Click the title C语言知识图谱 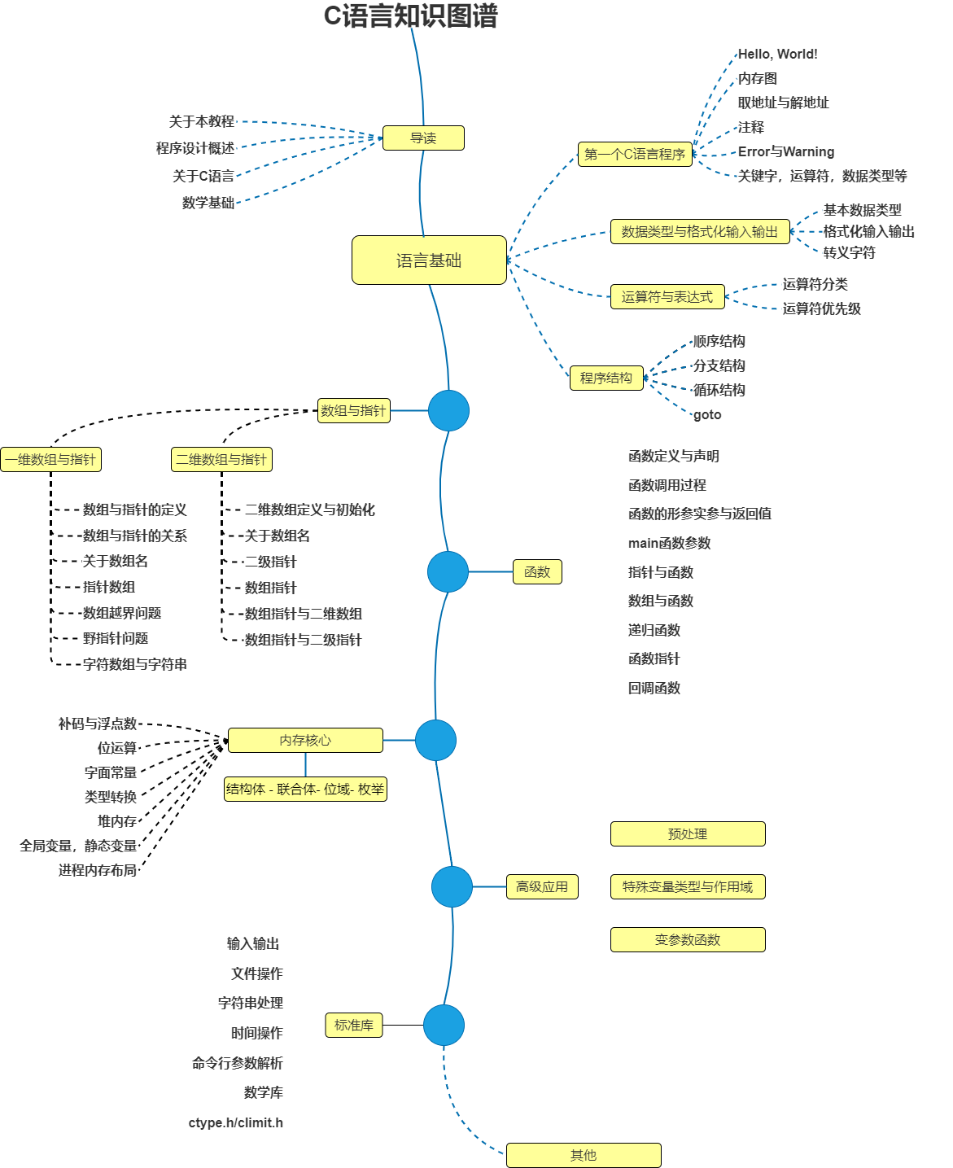410,16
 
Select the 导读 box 423,138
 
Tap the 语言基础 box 429,260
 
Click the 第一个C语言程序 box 635,154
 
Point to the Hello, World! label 777,55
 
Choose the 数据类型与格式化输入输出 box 700,232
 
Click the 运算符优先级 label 821,308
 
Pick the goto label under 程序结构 707,415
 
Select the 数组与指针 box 353,411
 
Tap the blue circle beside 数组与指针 448,411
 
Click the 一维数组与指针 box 50,460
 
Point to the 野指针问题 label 116,639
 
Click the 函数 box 537,572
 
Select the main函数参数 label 669,543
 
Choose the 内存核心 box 305,741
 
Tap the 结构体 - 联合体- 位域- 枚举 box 305,790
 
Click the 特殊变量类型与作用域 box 688,887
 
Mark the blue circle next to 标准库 444,1026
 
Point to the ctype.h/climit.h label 236,1123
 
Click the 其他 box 584,1156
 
